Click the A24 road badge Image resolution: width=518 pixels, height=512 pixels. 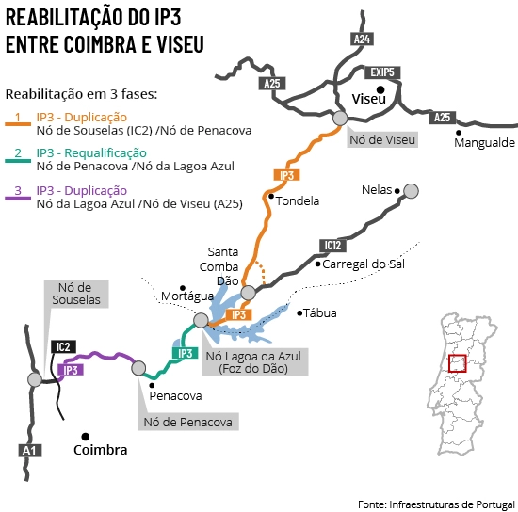point(362,39)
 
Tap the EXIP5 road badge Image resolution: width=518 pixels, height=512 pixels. point(382,72)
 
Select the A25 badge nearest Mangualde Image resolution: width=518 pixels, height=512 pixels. point(443,118)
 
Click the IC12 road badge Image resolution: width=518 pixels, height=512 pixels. point(332,246)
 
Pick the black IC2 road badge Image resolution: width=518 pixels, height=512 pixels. point(63,347)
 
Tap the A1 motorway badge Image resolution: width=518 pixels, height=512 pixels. point(30,451)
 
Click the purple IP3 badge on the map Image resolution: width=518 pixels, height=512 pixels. point(71,370)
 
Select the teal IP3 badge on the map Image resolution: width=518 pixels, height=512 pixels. point(185,353)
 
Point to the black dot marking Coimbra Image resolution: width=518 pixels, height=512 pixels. point(85,437)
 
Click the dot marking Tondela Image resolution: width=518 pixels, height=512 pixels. point(271,197)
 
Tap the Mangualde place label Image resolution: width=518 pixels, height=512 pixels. point(484,143)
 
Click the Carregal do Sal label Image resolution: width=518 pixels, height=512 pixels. point(364,264)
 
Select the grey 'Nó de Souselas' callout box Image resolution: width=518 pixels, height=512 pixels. point(76,294)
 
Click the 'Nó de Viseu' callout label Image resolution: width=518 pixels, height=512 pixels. point(382,139)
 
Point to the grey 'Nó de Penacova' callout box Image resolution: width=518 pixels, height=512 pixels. point(188,422)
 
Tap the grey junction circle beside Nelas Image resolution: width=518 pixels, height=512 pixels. point(411,191)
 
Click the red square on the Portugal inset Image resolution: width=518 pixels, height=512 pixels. point(457,363)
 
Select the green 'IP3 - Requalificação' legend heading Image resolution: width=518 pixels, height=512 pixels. point(91,152)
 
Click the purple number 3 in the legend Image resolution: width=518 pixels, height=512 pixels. point(18,190)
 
